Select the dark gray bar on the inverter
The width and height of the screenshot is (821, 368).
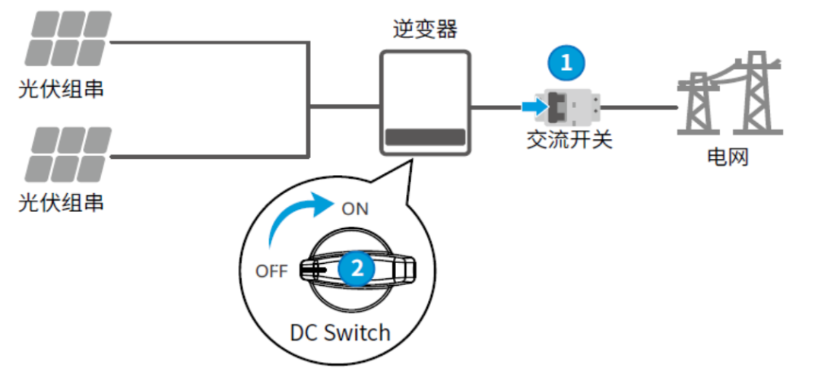pos(425,137)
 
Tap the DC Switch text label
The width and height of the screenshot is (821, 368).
pos(340,332)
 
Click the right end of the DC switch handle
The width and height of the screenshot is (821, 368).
pos(407,268)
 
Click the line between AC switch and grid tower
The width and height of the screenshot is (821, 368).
pos(639,108)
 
